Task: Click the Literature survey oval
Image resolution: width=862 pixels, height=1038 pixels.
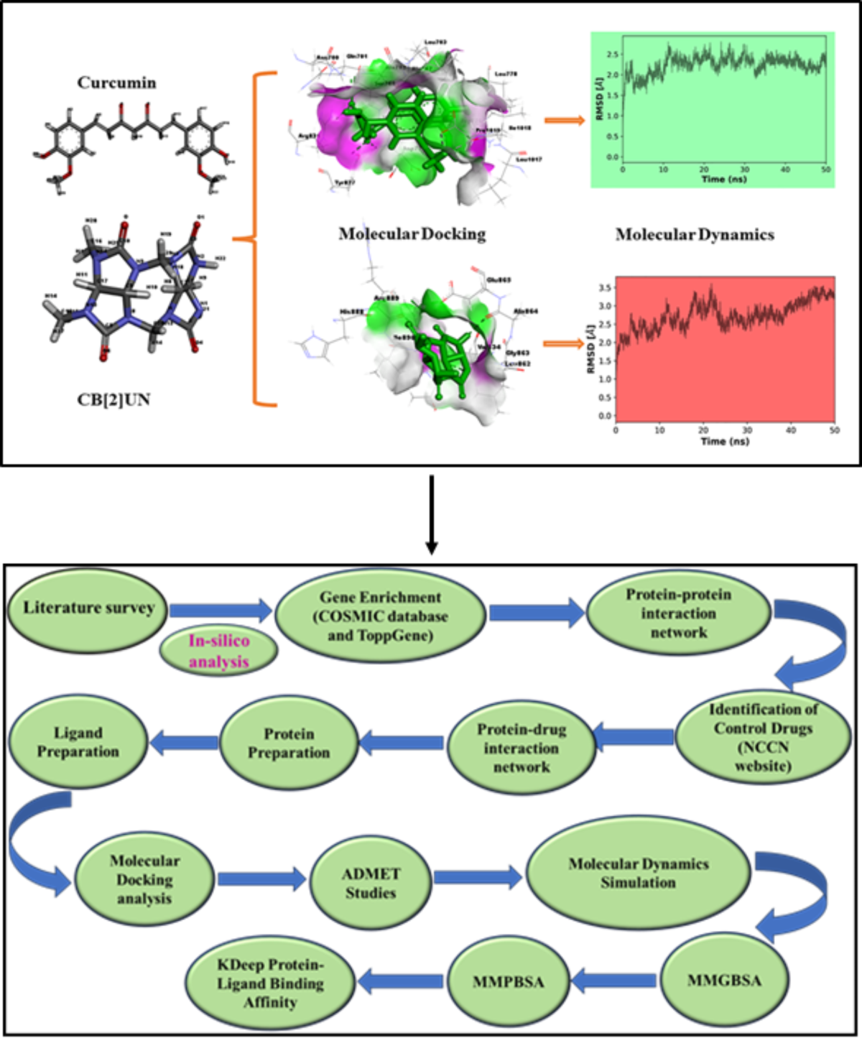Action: click(88, 608)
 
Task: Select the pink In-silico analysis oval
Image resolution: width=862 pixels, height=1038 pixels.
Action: click(218, 651)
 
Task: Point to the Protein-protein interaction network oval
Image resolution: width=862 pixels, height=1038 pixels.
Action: click(678, 613)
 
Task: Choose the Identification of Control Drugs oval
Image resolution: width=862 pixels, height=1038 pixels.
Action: click(762, 738)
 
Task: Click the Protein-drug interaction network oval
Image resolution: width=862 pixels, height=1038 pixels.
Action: click(522, 748)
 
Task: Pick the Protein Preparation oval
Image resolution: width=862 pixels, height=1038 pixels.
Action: click(288, 743)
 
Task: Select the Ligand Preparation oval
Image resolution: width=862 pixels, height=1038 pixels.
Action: click(78, 742)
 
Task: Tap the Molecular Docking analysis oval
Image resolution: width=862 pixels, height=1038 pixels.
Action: click(144, 879)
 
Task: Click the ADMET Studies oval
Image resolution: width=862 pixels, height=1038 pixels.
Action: click(371, 883)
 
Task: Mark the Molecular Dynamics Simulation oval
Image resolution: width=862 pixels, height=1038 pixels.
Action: click(638, 873)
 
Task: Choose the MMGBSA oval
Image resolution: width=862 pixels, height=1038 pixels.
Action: click(724, 981)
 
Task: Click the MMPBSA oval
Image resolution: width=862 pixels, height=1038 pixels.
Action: click(509, 982)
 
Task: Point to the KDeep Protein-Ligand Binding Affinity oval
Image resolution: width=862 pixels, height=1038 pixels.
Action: click(270, 983)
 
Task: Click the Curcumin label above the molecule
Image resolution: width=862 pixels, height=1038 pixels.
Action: click(116, 83)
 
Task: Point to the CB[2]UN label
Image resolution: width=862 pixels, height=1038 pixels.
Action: click(113, 399)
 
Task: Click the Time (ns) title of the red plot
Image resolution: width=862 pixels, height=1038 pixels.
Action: click(725, 441)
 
